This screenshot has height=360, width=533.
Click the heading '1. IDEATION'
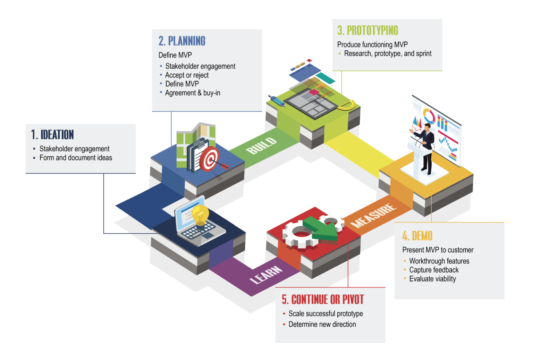click(52, 135)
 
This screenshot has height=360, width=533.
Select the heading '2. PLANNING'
click(182, 41)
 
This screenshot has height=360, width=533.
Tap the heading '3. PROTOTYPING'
click(367, 31)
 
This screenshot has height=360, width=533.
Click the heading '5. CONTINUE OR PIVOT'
click(323, 299)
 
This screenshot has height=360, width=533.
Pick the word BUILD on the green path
click(261, 145)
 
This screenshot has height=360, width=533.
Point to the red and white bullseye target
click(209, 159)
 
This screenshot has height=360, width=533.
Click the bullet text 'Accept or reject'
click(187, 75)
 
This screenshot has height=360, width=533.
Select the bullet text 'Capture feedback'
click(434, 270)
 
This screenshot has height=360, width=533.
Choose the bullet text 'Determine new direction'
click(322, 324)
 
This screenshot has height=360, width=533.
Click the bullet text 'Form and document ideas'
click(76, 158)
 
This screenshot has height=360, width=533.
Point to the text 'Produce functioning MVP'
click(372, 44)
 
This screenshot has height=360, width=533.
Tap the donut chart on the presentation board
click(429, 116)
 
